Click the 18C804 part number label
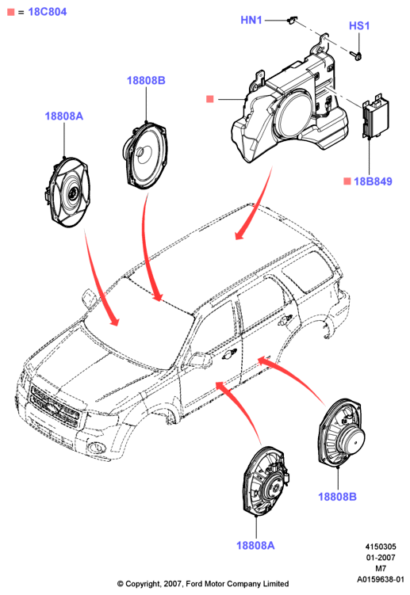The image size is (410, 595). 48,12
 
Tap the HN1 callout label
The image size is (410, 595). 251,20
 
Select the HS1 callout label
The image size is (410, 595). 359,26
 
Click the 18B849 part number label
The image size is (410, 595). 373,181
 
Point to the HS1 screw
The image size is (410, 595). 358,56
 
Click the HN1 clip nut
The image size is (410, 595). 292,19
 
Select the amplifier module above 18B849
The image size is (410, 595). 375,116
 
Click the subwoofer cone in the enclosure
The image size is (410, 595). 294,113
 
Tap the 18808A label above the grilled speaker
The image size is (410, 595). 63,116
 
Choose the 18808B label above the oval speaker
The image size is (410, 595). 146,81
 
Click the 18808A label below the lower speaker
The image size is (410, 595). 255,545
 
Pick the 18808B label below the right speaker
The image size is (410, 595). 337,497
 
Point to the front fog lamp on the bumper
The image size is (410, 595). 96,448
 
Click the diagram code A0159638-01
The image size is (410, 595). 381,579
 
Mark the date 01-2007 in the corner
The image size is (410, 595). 381,558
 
